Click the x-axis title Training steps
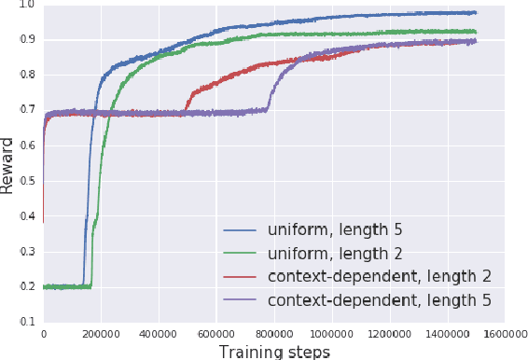pyautogui.click(x=274, y=351)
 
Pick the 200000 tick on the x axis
pyautogui.click(x=101, y=333)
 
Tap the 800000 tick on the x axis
pyautogui.click(x=273, y=333)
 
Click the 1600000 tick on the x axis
pyautogui.click(x=504, y=333)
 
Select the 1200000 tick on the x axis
pyautogui.click(x=389, y=333)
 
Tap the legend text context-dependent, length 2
pyautogui.click(x=379, y=276)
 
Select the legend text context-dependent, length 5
pyautogui.click(x=379, y=299)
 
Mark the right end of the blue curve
pyautogui.click(x=476, y=13)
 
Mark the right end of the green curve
pyautogui.click(x=476, y=32)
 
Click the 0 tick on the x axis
pyautogui.click(x=44, y=333)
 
